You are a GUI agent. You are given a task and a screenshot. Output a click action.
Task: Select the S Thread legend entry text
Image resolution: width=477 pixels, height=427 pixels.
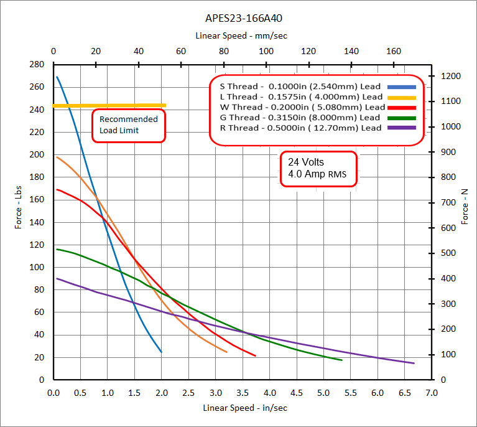pos(297,87)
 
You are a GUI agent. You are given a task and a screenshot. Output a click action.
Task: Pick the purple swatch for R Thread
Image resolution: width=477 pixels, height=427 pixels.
pos(401,128)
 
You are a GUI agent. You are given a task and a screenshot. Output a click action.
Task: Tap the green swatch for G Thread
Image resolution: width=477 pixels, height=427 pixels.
pos(401,118)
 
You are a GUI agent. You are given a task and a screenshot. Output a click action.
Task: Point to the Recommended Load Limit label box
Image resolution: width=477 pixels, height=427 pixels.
pos(129,125)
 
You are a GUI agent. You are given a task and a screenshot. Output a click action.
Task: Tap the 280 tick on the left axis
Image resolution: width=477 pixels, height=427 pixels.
pos(38,65)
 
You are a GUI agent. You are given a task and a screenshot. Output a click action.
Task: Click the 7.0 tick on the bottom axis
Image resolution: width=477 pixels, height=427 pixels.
pos(431,393)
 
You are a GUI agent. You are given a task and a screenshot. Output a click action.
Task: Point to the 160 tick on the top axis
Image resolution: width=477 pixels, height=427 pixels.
pos(393,52)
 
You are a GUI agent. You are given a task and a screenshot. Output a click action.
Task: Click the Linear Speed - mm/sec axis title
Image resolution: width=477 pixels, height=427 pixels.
pos(241,36)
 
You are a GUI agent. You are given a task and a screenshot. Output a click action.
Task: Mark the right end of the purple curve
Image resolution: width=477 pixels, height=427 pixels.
pos(414,363)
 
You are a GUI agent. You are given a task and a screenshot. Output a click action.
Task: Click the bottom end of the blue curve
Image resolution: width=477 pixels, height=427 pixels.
pos(161,352)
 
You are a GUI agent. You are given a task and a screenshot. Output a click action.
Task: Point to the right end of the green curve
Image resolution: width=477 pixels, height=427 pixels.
pos(341,360)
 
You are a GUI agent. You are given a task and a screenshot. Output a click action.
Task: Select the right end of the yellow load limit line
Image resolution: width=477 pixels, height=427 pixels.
pos(165,105)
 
